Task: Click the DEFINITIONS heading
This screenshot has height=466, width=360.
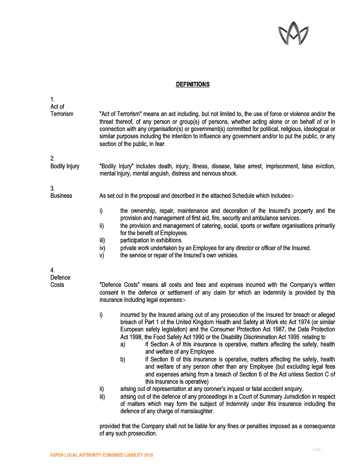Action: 192,84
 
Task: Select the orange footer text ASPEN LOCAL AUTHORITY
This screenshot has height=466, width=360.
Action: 101,455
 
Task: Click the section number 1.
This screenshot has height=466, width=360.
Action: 52,99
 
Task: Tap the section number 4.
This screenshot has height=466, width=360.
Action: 52,270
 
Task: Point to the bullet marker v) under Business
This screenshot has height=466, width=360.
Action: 101,255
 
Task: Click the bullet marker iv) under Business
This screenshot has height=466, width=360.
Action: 102,248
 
